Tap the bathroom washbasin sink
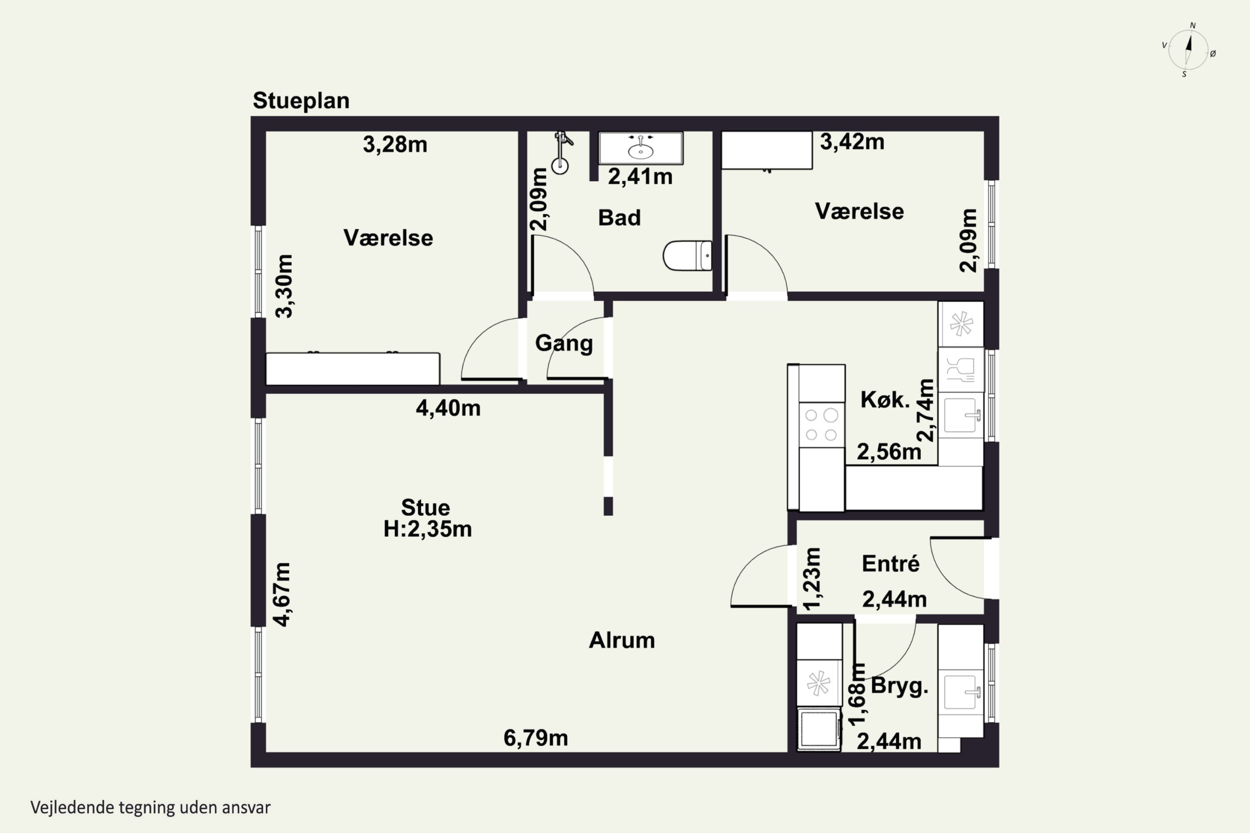tap(641, 148)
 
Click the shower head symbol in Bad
tap(561, 153)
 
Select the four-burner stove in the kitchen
tap(822, 424)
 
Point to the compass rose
tap(1189, 50)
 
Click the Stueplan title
tap(301, 100)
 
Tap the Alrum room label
tap(622, 640)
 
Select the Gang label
tap(564, 343)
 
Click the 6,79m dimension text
tap(536, 738)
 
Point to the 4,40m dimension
tap(448, 408)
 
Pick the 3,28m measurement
tap(395, 145)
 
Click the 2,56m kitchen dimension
tap(889, 452)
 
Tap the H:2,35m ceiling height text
tap(428, 529)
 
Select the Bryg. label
tap(899, 686)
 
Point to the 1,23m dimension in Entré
tap(812, 579)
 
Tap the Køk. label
tap(885, 399)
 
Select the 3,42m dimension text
tap(852, 142)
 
